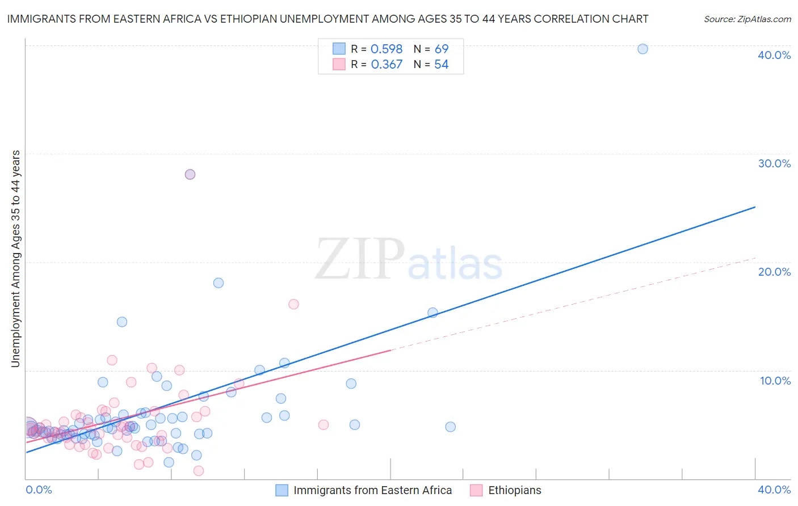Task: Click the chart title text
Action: (327, 19)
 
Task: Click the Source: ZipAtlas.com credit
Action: (747, 19)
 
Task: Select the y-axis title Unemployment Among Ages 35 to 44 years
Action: (15, 259)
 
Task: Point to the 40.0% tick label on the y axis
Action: (774, 55)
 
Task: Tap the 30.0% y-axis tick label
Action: (774, 163)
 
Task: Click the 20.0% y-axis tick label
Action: (774, 272)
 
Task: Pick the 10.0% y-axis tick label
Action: (775, 381)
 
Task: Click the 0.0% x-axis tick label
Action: (39, 490)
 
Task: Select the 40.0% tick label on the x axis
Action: (774, 490)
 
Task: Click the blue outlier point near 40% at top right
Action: (642, 49)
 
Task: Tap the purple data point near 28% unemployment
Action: (190, 174)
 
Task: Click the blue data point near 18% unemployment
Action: (219, 283)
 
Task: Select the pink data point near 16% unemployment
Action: (293, 304)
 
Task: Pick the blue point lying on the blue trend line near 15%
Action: (432, 313)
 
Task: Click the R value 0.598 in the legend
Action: (387, 49)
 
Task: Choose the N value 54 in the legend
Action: (441, 65)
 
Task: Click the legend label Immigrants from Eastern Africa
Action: (372, 490)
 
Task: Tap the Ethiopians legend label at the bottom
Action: (514, 490)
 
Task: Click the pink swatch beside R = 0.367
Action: (339, 65)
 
